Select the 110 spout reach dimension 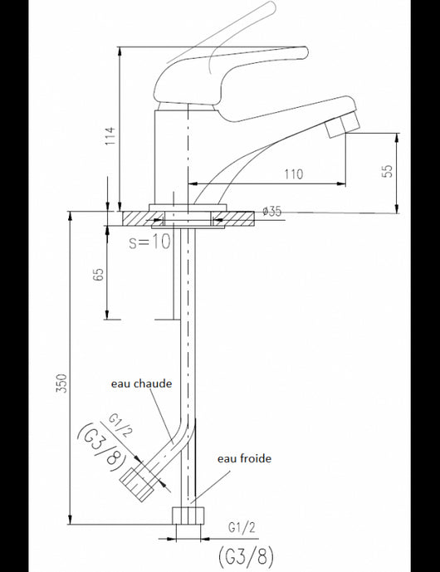coord(293,174)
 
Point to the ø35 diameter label coord(271,212)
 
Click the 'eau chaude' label coord(142,384)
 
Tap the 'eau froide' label coord(244,457)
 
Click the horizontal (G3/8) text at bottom coord(244,554)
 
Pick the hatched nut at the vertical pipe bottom coord(188,514)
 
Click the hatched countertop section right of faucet coord(241,218)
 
